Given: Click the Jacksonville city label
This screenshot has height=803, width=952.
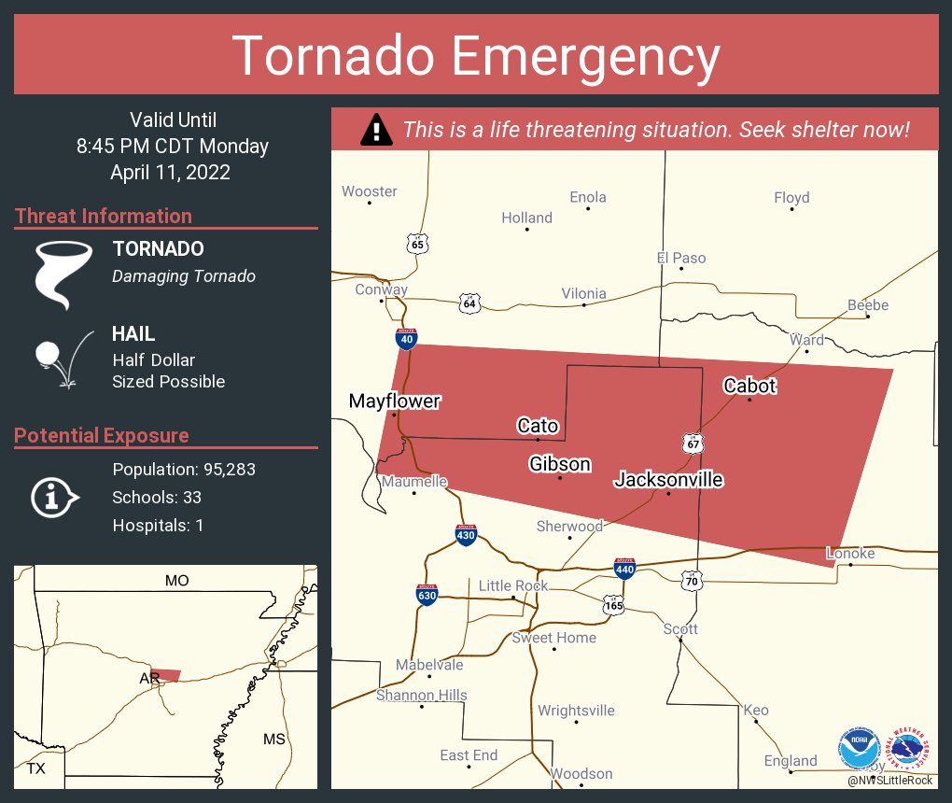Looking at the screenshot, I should [x=668, y=480].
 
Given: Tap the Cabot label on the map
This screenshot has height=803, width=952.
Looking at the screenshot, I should [x=749, y=386].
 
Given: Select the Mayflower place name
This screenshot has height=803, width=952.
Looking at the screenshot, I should [x=394, y=401].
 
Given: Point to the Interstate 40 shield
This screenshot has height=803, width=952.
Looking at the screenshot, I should [x=406, y=338].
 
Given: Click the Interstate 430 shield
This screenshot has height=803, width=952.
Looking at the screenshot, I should [x=467, y=535].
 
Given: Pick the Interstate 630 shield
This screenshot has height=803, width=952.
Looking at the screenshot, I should [x=427, y=595].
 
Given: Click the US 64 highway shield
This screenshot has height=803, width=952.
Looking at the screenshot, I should [x=469, y=303].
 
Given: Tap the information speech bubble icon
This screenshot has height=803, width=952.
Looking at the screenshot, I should [x=55, y=497].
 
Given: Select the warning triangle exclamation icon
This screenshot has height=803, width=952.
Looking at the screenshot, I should [x=375, y=130].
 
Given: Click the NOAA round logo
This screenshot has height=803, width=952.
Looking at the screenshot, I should [x=859, y=748].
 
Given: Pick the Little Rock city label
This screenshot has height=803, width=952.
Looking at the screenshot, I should [x=513, y=585].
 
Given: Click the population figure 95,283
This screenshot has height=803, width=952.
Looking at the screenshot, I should [x=223, y=469].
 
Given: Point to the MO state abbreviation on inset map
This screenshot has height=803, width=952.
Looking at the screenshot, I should [x=176, y=581].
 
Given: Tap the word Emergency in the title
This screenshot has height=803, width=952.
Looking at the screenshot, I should [x=586, y=55].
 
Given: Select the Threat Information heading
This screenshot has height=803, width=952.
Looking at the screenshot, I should [x=104, y=216].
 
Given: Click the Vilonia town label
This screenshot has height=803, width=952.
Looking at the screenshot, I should [x=583, y=293].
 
